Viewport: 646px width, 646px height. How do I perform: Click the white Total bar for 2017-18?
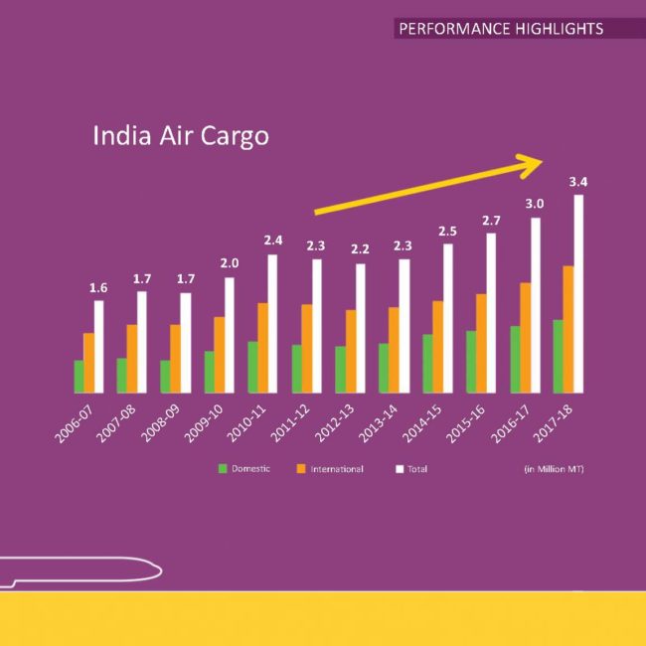578,293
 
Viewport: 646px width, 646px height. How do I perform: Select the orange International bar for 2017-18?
568,329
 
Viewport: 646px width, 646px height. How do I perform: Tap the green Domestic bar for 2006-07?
79,376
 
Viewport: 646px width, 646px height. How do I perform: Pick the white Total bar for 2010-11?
272,323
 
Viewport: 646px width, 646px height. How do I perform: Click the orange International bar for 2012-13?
351,351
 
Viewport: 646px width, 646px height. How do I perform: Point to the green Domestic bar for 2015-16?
471,361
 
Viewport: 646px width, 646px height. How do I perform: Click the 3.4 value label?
577,182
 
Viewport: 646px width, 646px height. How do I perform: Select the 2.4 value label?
273,240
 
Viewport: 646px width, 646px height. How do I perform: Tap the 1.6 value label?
98,287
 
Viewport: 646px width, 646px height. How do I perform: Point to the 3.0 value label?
535,204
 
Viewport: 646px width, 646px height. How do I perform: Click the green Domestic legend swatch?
224,468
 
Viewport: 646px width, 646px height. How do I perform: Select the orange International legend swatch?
301,468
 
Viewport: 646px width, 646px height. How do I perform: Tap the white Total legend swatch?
400,468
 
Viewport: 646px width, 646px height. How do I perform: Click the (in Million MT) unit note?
554,468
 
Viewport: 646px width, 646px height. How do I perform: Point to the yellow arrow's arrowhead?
536,162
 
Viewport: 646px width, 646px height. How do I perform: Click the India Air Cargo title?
180,135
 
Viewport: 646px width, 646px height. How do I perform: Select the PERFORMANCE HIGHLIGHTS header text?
501,29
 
